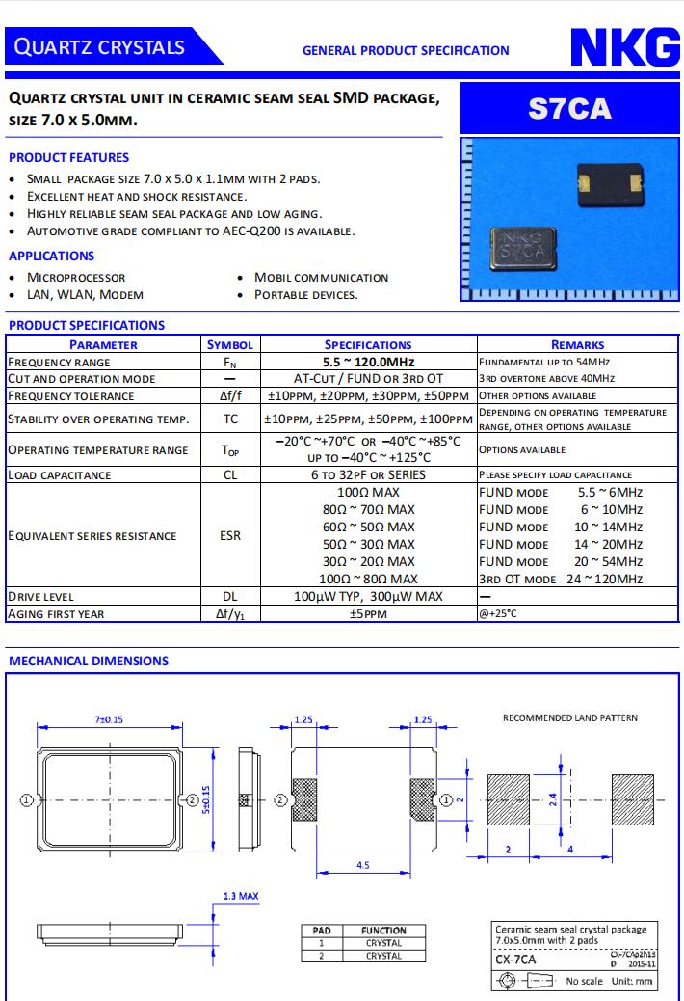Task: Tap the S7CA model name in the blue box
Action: [x=569, y=108]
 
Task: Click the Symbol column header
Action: [x=230, y=344]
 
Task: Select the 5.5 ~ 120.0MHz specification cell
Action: [x=368, y=362]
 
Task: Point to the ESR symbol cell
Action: [x=230, y=535]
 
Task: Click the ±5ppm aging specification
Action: [x=368, y=613]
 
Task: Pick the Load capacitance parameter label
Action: [x=60, y=474]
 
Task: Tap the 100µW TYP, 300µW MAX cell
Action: [x=368, y=596]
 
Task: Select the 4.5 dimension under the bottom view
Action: [x=362, y=865]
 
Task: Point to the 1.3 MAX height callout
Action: [x=241, y=896]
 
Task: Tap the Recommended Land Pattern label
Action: [x=570, y=717]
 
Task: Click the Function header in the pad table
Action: [x=383, y=931]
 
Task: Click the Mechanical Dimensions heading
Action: [x=89, y=661]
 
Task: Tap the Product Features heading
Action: [x=68, y=157]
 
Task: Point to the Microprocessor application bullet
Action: [x=76, y=277]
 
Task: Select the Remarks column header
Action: [x=577, y=344]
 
